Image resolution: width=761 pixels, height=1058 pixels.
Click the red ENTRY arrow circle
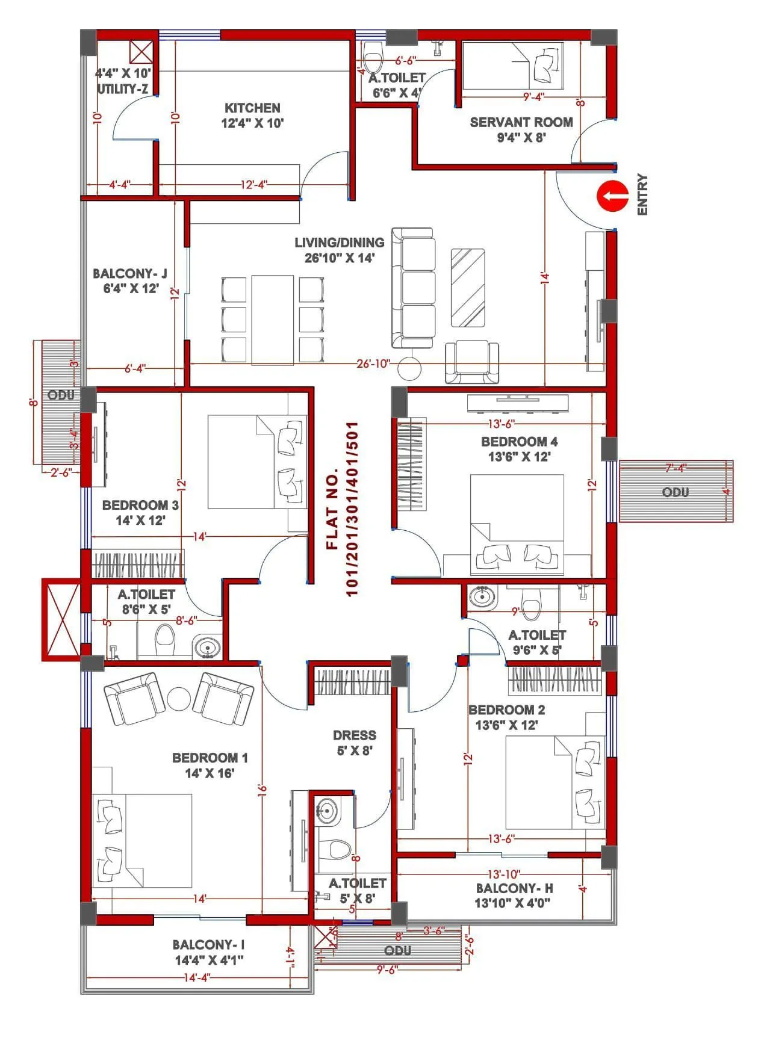(x=612, y=196)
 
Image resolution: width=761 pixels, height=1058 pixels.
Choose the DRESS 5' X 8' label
(x=355, y=743)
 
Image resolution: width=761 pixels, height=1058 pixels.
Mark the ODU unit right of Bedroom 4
(x=676, y=492)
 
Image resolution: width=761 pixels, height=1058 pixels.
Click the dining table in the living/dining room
(x=273, y=320)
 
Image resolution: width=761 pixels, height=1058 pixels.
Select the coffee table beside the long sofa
(x=468, y=287)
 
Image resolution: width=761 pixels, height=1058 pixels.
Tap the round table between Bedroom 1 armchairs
(x=179, y=699)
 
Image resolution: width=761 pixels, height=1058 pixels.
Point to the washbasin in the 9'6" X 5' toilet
(x=482, y=597)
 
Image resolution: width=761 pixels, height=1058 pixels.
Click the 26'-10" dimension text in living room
(x=373, y=363)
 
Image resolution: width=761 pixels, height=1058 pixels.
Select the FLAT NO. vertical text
(x=342, y=509)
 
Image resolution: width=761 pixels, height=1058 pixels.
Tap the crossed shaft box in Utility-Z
(x=141, y=52)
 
